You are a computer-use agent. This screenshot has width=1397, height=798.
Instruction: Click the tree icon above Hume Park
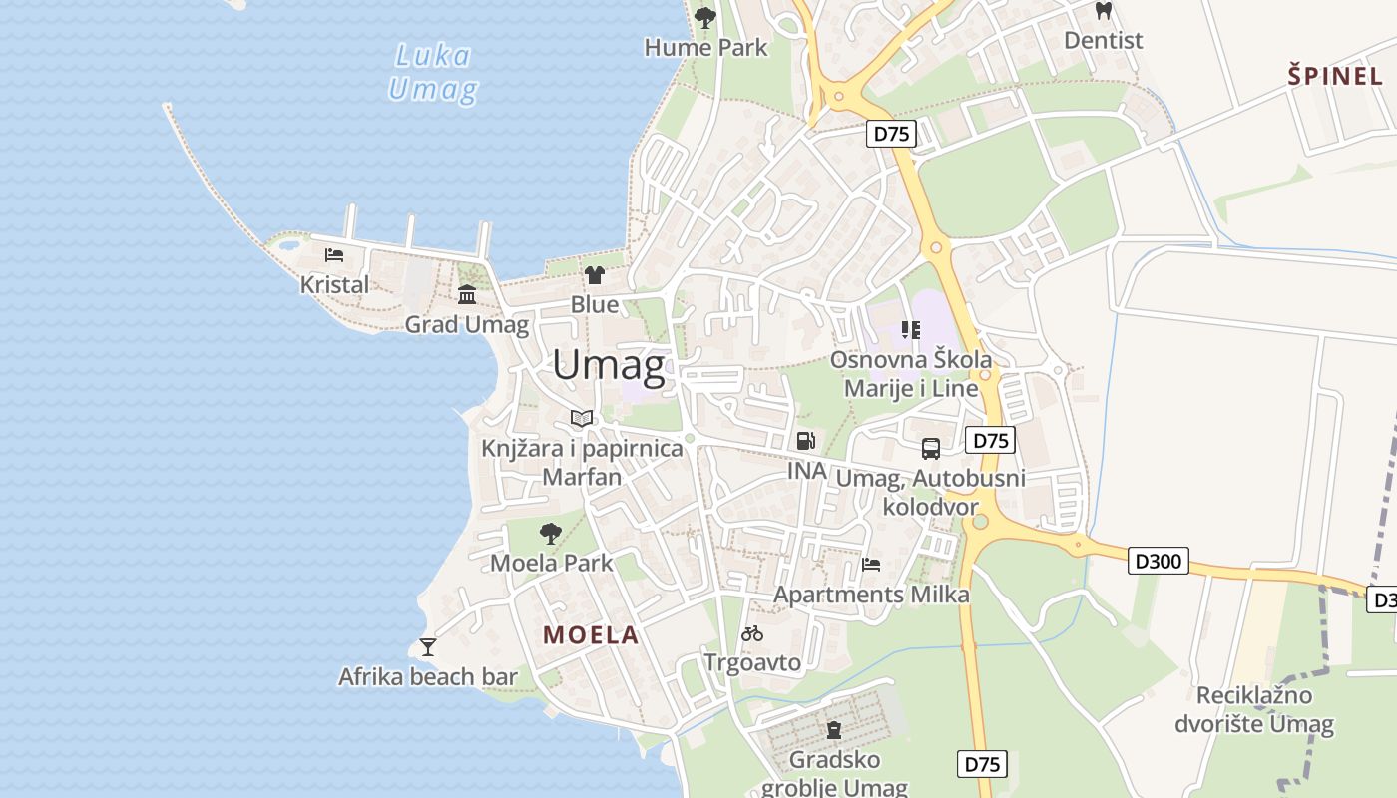[705, 17]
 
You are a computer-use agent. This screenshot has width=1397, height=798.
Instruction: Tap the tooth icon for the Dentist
[1103, 11]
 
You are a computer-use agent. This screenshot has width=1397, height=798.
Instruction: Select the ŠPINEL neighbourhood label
[1335, 75]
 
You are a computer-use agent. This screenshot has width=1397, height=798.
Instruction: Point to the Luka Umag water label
[433, 72]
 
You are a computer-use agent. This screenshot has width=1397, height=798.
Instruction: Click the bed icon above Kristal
[334, 255]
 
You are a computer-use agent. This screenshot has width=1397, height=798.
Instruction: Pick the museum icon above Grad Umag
[467, 294]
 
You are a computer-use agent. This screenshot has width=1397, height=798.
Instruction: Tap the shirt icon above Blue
[595, 274]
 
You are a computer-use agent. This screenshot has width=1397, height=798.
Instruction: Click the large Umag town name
[609, 366]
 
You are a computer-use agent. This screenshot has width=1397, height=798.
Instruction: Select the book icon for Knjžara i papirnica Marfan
[582, 418]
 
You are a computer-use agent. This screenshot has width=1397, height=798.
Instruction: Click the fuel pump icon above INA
[805, 440]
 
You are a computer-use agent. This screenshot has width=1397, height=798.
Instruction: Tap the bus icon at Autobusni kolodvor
[930, 449]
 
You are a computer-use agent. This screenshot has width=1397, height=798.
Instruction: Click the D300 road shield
[1159, 561]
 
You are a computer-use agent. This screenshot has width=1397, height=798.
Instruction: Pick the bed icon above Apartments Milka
[871, 565]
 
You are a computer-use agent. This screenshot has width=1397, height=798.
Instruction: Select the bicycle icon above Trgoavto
[752, 633]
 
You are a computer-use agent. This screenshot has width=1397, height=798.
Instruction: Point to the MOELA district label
[591, 634]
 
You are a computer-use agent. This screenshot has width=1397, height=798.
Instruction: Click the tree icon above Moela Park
[551, 533]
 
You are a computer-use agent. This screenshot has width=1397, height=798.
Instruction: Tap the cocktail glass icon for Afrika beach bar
[428, 647]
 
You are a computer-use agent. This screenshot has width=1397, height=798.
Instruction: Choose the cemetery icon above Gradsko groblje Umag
[834, 730]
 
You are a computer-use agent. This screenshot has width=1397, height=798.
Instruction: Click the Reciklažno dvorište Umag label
[1254, 709]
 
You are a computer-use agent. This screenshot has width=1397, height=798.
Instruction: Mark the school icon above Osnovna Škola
[910, 329]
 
